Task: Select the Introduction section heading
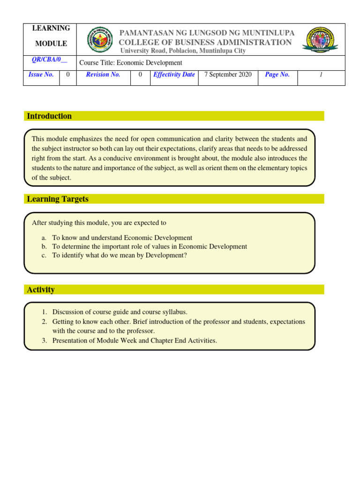click(x=49, y=116)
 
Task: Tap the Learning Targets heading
click(x=58, y=199)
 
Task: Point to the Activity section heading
click(x=41, y=290)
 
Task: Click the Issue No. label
click(x=41, y=75)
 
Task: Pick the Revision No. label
click(x=103, y=75)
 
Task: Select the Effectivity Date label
click(x=174, y=75)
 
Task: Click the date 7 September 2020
click(x=228, y=75)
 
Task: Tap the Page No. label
click(x=277, y=75)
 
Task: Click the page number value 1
click(x=321, y=75)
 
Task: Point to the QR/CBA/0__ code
click(x=49, y=60)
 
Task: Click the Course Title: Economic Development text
click(x=131, y=63)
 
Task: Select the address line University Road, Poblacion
click(x=183, y=51)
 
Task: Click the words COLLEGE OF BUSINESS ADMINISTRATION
click(x=205, y=42)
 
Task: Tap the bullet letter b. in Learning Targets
click(x=44, y=247)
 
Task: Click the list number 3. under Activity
click(x=45, y=341)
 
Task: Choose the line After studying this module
click(x=99, y=223)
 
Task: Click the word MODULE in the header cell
click(x=51, y=44)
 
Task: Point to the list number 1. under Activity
click(x=45, y=312)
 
